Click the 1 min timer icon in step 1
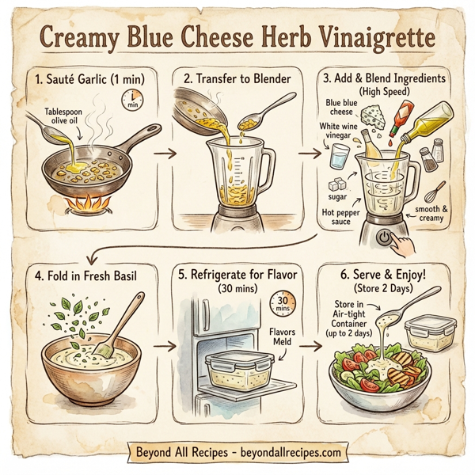(x=131, y=100)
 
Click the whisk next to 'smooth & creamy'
(x=435, y=192)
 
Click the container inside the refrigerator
(x=237, y=370)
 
